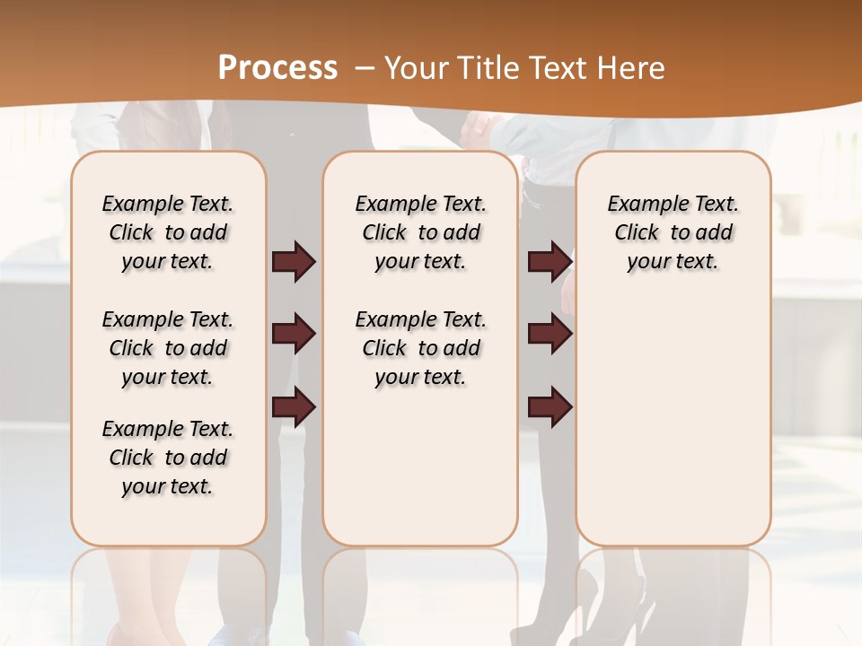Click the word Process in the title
coord(277,68)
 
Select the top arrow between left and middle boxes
coord(294,262)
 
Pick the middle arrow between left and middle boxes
coord(294,335)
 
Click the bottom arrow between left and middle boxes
coord(294,406)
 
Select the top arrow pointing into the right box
coord(550,262)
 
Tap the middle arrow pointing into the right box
coord(550,335)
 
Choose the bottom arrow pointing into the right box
coord(550,406)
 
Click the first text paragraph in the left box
coord(168,232)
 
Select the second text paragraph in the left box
coord(168,348)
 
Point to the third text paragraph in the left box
coord(168,458)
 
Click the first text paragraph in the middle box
coord(421,232)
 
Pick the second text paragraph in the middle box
coord(421,348)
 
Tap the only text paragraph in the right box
coord(673,232)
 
